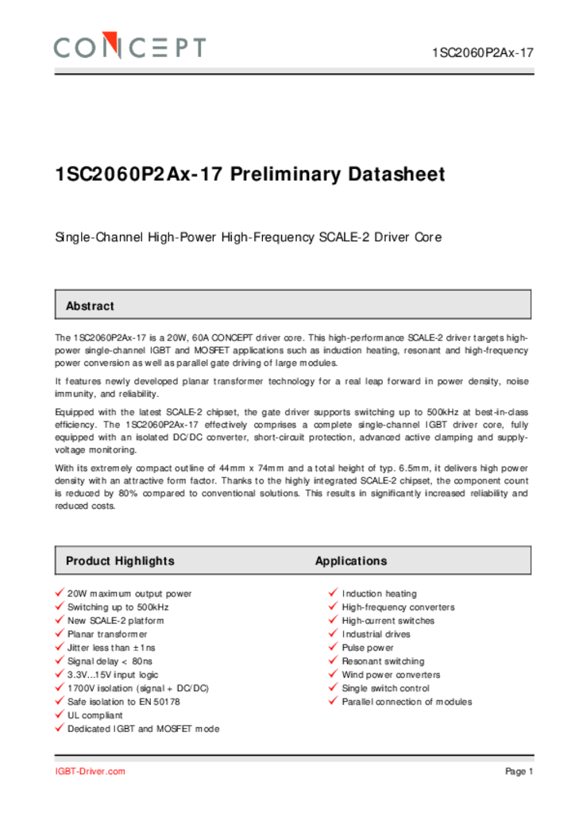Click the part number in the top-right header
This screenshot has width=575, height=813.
click(x=483, y=53)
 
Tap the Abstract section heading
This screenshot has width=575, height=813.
click(x=90, y=306)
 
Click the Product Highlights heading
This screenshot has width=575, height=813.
click(x=120, y=561)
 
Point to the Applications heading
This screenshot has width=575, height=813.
click(x=351, y=561)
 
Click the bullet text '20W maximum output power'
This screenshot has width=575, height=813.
click(x=129, y=594)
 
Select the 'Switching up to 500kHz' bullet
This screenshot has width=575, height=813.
click(x=118, y=607)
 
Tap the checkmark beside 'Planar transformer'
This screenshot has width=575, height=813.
click(x=60, y=634)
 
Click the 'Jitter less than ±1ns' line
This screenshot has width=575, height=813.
click(x=111, y=648)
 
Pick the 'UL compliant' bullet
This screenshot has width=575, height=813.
click(x=95, y=715)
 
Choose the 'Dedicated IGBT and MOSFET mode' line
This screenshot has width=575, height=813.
click(x=143, y=729)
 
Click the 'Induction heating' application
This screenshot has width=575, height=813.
click(x=379, y=594)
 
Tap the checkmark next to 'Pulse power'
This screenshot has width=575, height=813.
click(x=334, y=647)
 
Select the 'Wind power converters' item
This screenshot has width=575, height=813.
click(x=391, y=675)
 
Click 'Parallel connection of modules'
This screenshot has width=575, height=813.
click(x=407, y=702)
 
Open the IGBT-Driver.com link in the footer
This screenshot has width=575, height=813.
click(x=90, y=772)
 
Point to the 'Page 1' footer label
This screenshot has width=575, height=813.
click(x=519, y=772)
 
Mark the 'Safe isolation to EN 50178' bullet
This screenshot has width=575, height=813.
click(x=123, y=702)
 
